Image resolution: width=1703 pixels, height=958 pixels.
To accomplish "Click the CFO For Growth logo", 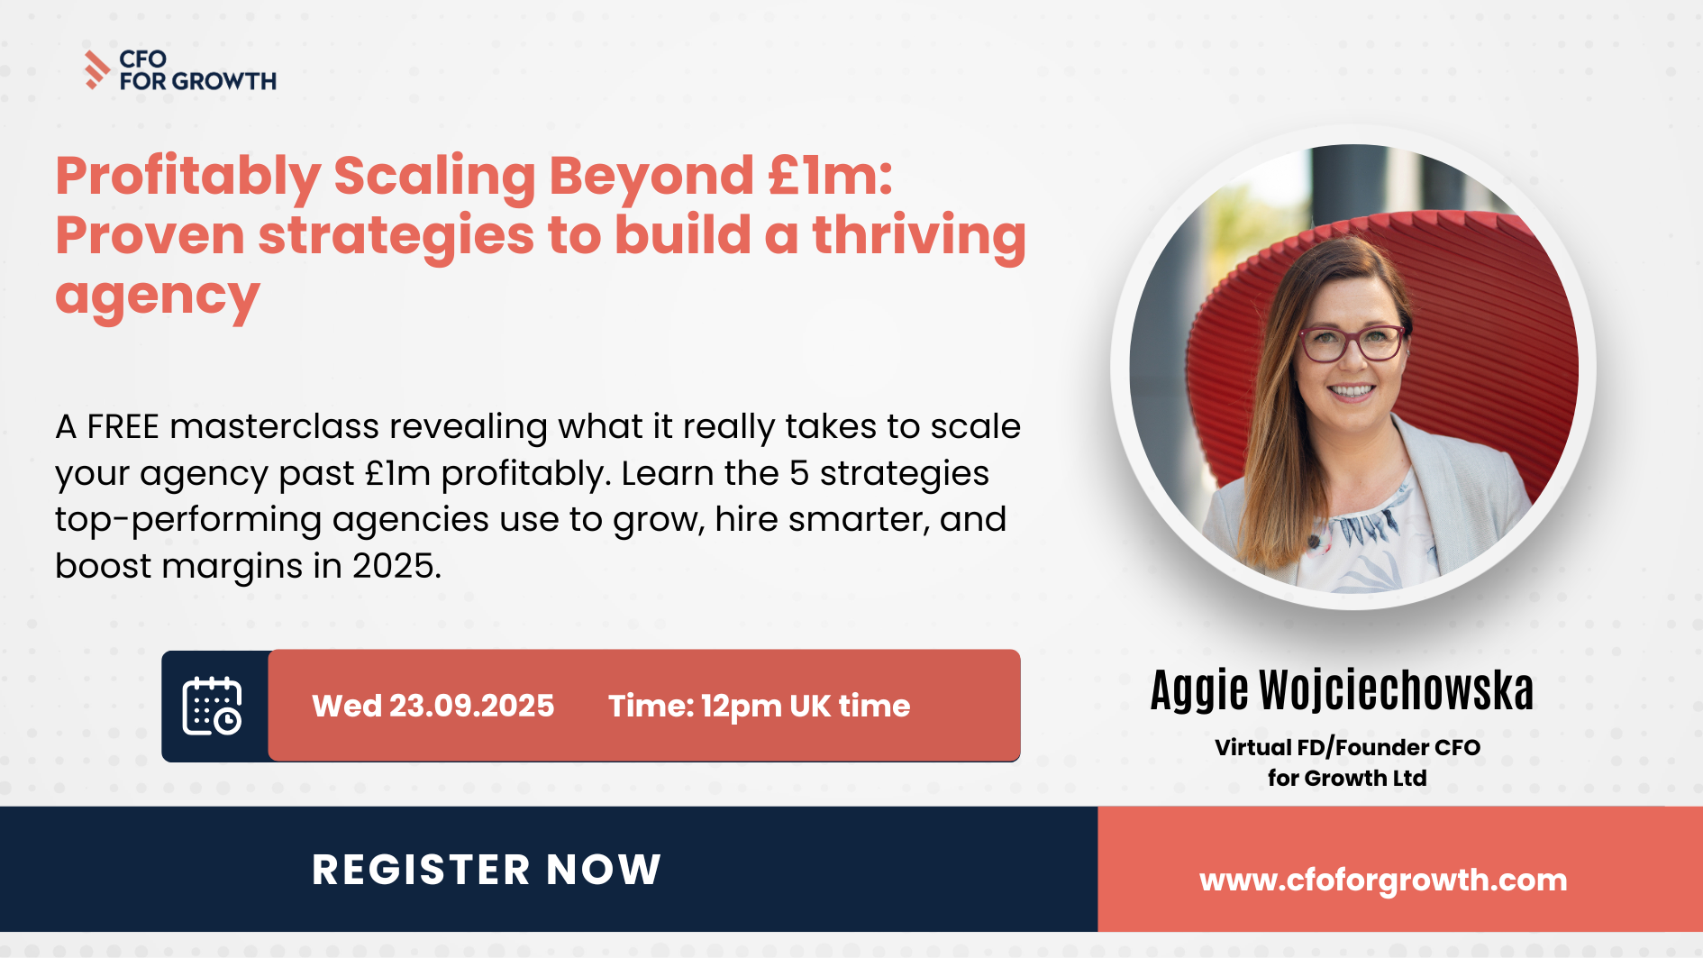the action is (x=180, y=70).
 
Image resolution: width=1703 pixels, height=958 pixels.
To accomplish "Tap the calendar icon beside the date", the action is (x=213, y=706).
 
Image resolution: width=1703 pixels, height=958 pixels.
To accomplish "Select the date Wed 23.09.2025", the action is (x=433, y=706).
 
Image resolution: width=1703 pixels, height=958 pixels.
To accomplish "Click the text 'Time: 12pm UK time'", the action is (x=759, y=707).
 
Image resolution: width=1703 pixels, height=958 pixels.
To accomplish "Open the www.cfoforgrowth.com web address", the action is (x=1383, y=880).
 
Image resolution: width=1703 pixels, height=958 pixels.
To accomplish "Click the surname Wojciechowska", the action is (x=1396, y=690).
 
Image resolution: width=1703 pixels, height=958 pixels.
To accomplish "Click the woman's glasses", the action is (x=1352, y=343).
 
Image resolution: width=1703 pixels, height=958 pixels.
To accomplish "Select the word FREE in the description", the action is (x=123, y=426).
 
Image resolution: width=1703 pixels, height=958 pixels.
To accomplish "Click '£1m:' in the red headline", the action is (x=830, y=175).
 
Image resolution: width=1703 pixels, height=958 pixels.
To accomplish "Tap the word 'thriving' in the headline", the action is (x=919, y=236).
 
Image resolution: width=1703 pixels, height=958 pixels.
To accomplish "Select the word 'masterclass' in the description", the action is (x=274, y=426).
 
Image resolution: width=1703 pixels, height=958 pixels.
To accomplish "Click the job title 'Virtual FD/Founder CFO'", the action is (x=1347, y=747).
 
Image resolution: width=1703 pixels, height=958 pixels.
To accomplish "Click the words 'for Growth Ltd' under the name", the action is (x=1347, y=778).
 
